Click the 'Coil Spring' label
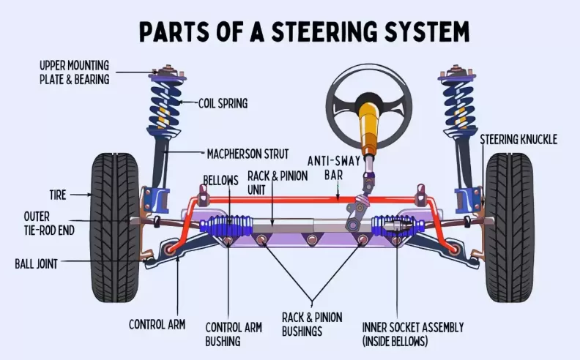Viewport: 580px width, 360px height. click(223, 103)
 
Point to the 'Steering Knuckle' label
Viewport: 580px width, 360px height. click(518, 139)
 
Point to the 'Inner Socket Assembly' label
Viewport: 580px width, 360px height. click(413, 334)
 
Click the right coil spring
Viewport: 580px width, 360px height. click(458, 102)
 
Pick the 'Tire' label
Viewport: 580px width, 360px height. click(58, 195)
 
